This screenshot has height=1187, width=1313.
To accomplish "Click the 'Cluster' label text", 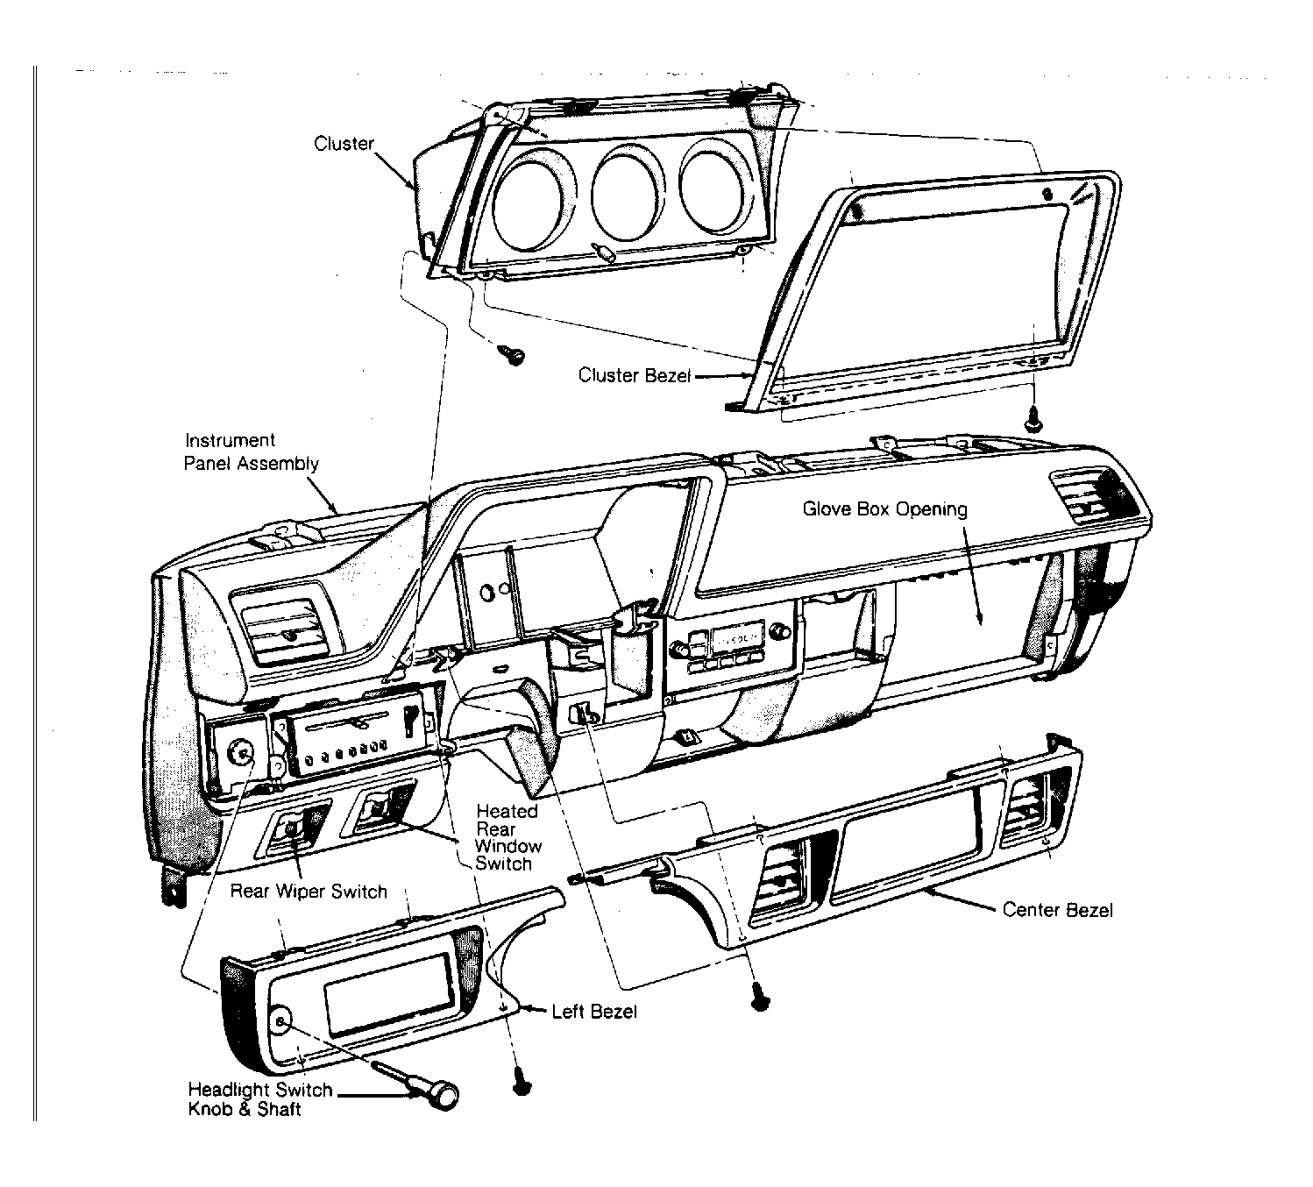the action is tap(344, 144).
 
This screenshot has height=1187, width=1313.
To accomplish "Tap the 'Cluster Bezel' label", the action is tap(635, 375).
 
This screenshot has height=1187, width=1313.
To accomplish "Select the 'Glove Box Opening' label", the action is tap(885, 509).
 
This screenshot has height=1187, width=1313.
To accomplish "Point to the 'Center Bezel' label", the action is tap(1057, 910).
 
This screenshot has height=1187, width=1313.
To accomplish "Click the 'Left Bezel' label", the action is tap(593, 1012).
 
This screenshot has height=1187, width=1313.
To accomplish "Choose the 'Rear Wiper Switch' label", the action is tap(309, 891).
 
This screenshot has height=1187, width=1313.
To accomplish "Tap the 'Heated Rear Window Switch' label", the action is tap(507, 837).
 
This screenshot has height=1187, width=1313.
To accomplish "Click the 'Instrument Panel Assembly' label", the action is tap(251, 451).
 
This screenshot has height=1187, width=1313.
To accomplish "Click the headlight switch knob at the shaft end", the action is tap(444, 1096).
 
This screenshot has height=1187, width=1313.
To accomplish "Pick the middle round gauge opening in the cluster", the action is tap(625, 192).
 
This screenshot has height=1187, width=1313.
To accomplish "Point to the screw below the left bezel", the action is tap(521, 1087).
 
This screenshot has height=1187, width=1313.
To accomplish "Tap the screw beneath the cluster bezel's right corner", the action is tap(1033, 419).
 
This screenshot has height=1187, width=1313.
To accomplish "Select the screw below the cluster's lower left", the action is tap(513, 356).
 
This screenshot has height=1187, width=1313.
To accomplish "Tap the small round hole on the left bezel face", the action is tap(281, 1020).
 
